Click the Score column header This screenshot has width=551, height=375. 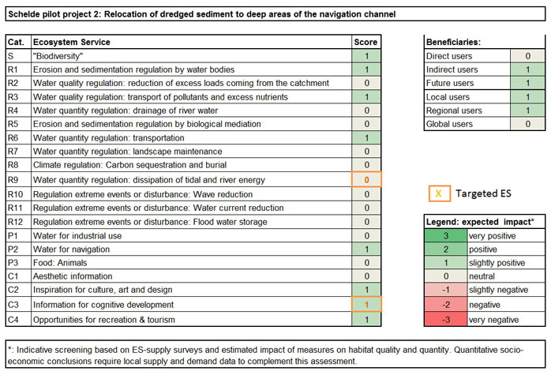[x=366, y=42]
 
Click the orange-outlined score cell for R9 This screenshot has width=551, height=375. [x=366, y=180]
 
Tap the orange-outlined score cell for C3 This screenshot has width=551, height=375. [x=366, y=305]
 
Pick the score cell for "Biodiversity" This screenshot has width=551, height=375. [x=366, y=56]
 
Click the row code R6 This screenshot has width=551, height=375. [x=13, y=138]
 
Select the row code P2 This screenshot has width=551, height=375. [x=13, y=249]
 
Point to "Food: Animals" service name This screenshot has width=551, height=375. [x=62, y=263]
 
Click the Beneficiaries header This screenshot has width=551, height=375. [x=455, y=42]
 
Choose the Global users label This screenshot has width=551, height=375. [x=451, y=124]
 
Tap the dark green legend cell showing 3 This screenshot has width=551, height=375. [x=448, y=236]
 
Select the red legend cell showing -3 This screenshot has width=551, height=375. [x=448, y=319]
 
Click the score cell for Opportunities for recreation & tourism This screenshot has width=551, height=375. [x=366, y=319]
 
